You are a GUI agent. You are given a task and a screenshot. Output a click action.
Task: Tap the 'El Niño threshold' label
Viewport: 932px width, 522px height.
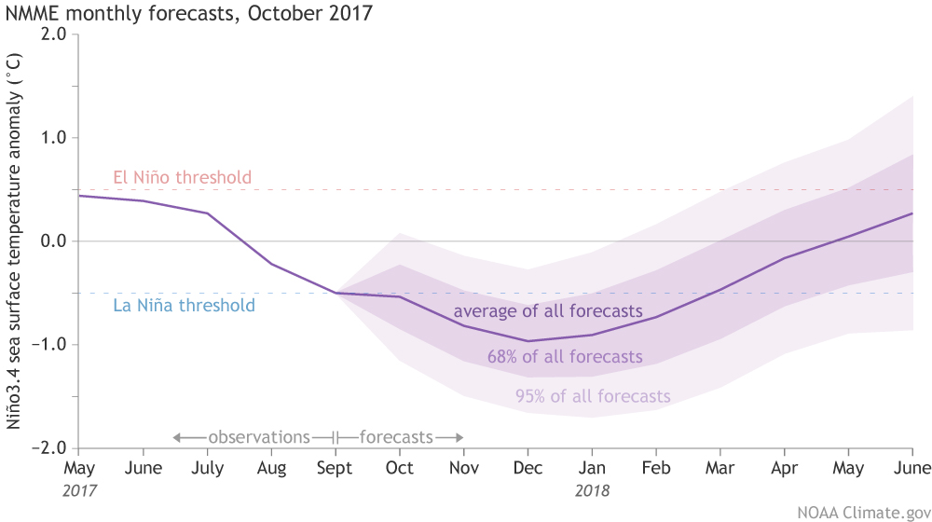coord(183,177)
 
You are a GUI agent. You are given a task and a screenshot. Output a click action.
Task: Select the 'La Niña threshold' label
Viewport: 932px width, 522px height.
coord(184,305)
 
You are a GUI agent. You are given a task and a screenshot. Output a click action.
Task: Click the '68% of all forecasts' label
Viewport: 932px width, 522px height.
coord(565,356)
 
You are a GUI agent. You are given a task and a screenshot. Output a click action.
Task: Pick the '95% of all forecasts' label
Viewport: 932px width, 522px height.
coord(593,396)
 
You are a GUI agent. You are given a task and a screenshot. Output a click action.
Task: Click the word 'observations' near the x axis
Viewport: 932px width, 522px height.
coord(258,436)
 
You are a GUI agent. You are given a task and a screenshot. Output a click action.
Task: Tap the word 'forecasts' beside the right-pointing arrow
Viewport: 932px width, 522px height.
coord(396,436)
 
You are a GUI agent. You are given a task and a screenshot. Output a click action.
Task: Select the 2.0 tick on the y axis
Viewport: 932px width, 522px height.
coord(54,34)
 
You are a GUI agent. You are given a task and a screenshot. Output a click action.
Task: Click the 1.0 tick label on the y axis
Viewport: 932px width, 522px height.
coord(54,138)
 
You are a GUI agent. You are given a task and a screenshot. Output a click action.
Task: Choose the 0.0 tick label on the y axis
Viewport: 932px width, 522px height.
coord(54,241)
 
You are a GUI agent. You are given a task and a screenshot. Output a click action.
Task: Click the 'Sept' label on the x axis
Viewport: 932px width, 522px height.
coord(335,468)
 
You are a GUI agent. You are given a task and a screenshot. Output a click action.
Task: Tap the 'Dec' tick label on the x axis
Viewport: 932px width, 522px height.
coord(528,468)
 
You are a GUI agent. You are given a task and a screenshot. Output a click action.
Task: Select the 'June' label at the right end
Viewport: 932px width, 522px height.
coord(911,468)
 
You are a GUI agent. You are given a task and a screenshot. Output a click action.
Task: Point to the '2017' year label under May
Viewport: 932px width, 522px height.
coord(80,488)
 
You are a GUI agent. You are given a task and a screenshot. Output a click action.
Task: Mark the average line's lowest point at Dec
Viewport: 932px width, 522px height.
coord(528,341)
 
